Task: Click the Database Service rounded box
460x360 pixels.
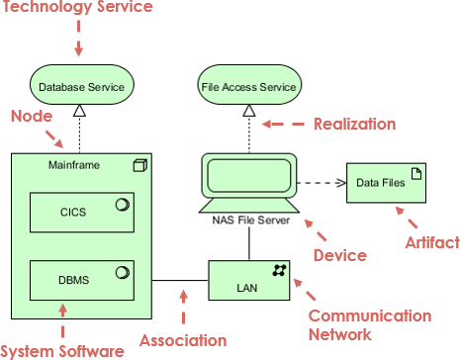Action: click(80, 87)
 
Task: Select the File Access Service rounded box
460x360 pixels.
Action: click(248, 87)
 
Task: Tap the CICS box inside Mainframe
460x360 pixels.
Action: click(80, 211)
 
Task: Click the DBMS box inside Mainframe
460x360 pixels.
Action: click(80, 279)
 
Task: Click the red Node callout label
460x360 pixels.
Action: click(31, 117)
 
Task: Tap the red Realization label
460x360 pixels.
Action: click(354, 124)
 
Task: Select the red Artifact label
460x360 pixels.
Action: click(432, 242)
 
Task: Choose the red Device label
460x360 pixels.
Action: click(339, 255)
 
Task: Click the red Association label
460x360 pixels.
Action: click(182, 340)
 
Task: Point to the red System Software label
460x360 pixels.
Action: click(61, 350)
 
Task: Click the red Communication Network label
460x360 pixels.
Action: click(369, 326)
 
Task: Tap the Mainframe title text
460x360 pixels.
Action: click(71, 165)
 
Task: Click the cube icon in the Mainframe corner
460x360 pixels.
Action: click(139, 165)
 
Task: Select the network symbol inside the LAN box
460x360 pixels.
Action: click(280, 270)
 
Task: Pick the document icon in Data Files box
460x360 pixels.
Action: click(416, 173)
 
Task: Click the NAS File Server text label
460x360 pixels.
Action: click(249, 221)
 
